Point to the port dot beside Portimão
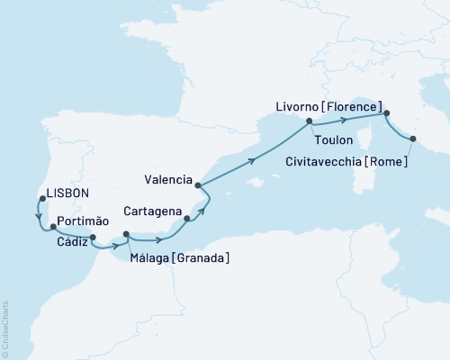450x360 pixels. tap(54, 229)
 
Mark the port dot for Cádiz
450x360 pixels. tap(94, 238)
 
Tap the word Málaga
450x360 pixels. tap(152, 258)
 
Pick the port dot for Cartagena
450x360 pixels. tap(187, 218)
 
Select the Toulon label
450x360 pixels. tap(333, 140)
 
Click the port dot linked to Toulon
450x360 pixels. tap(310, 121)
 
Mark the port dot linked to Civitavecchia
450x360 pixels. tap(413, 139)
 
